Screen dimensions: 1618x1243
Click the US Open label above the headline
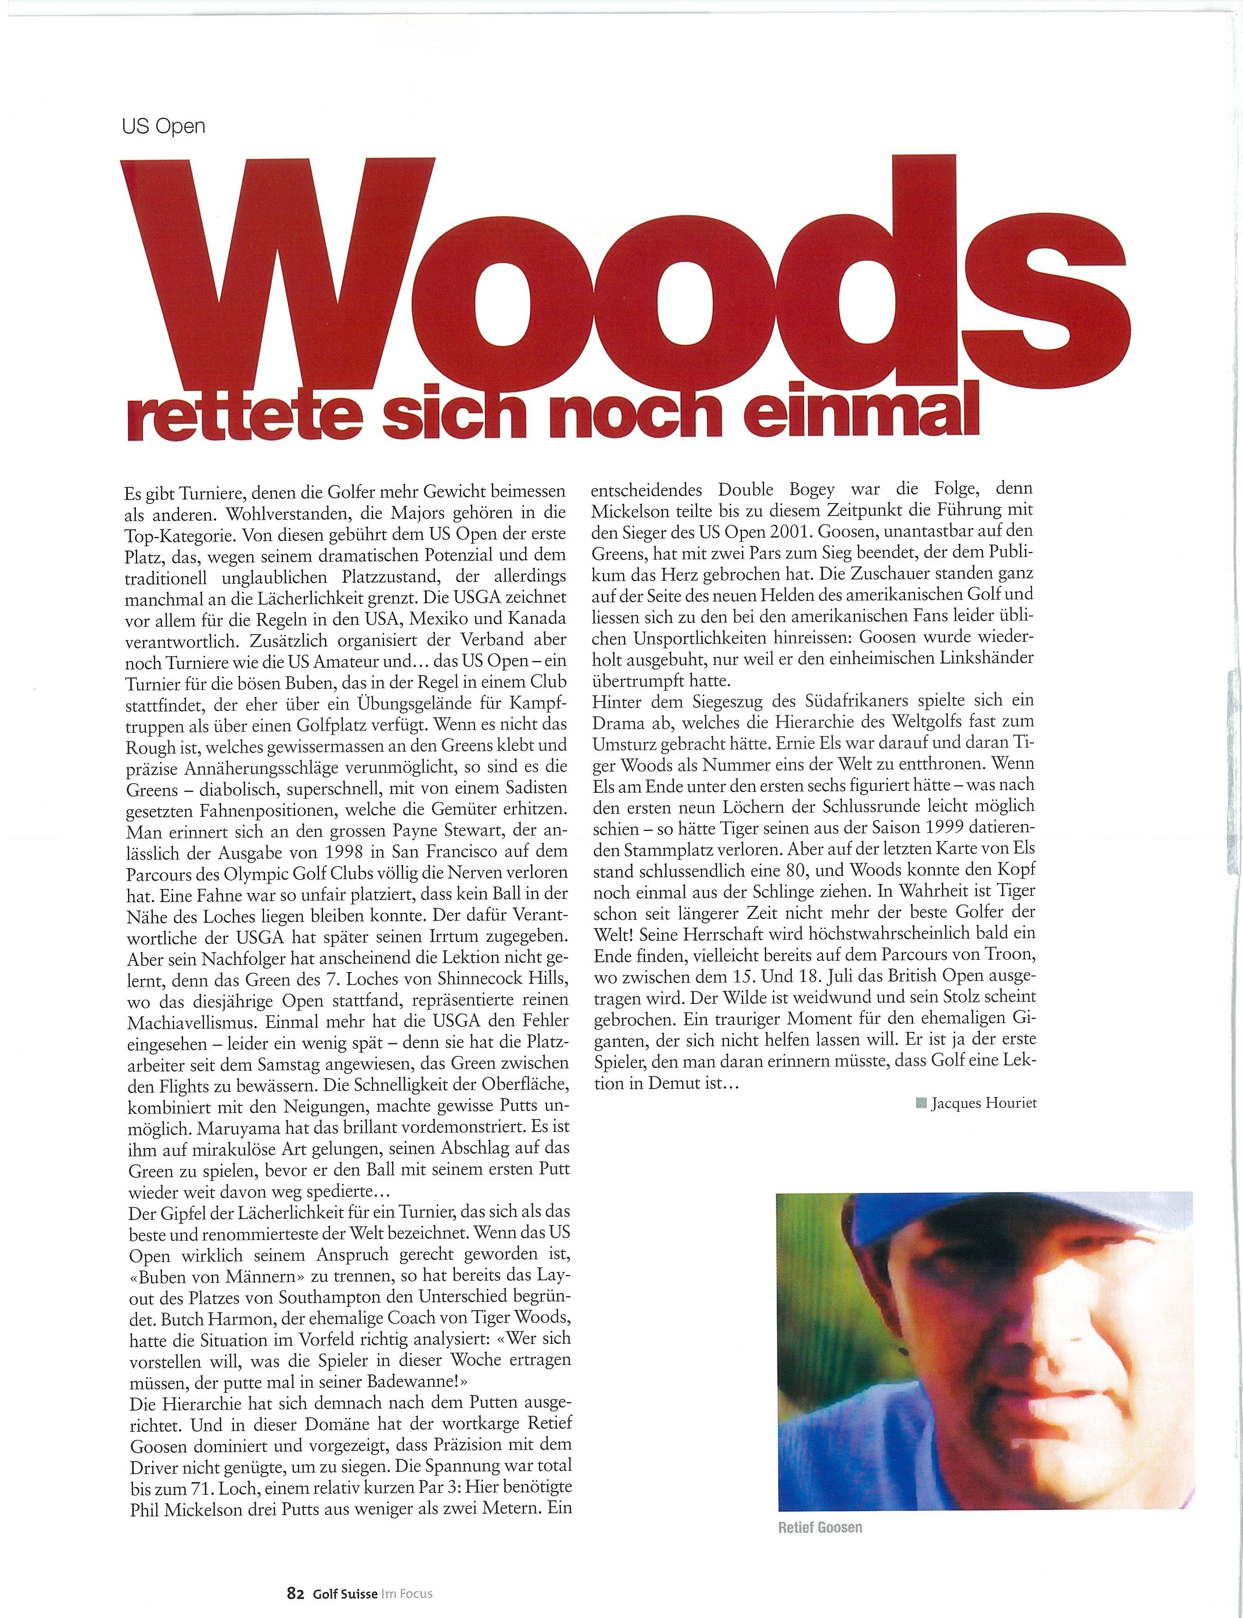(x=163, y=126)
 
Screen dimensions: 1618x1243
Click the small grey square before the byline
(x=921, y=1103)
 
